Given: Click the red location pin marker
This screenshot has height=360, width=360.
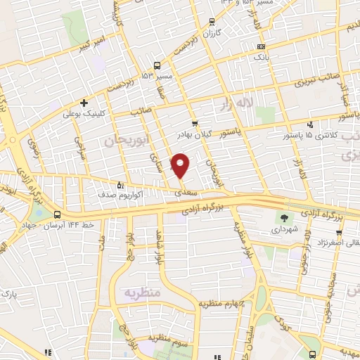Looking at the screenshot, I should (x=181, y=165).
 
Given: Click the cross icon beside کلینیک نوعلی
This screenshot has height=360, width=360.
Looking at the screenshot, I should (x=84, y=103).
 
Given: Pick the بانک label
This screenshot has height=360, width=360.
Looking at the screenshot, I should (x=260, y=56).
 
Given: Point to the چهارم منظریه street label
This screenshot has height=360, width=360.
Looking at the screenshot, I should (x=219, y=303).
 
